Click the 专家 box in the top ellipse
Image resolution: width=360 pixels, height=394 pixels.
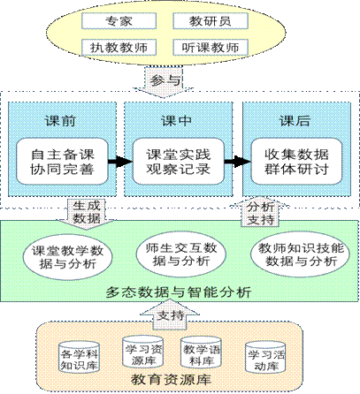tap(119, 21)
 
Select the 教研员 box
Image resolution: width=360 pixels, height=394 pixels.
tap(211, 21)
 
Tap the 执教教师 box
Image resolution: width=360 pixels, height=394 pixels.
tap(119, 48)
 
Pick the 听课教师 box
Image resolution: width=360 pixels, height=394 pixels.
tap(211, 48)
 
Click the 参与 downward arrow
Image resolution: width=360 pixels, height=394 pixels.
tap(164, 82)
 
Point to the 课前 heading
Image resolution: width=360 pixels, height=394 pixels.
tap(60, 121)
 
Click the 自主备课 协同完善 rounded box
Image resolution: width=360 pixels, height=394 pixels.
tap(62, 162)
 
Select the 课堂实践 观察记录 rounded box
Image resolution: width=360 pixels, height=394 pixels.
tap(179, 162)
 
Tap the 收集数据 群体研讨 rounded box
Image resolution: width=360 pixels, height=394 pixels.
tap(296, 162)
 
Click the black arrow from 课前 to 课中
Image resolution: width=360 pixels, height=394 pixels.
tap(120, 162)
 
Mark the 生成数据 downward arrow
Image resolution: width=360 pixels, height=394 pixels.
tap(86, 214)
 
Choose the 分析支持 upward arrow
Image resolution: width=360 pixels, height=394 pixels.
tap(260, 212)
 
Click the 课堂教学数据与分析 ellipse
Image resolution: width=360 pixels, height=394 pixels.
tap(67, 257)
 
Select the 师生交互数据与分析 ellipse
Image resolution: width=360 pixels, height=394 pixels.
tap(181, 254)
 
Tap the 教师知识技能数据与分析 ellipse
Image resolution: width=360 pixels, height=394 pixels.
tap(301, 254)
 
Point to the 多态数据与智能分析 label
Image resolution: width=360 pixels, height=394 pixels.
tap(179, 292)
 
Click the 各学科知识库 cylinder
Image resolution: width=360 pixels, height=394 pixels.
tap(79, 357)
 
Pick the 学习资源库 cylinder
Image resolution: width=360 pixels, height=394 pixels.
tap(142, 352)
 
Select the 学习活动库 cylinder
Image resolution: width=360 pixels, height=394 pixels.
tap(265, 357)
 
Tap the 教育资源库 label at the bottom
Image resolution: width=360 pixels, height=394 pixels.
tap(171, 380)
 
